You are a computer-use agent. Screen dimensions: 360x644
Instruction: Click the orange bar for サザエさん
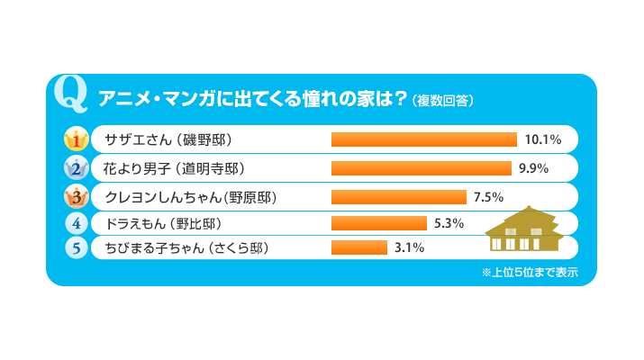click(x=423, y=139)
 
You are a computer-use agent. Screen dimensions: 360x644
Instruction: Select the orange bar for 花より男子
click(x=421, y=167)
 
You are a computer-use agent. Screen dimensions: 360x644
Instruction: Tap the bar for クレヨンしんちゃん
click(x=399, y=195)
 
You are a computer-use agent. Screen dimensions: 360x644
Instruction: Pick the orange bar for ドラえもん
click(x=378, y=222)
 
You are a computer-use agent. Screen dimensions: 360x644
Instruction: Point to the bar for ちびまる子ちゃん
click(x=358, y=247)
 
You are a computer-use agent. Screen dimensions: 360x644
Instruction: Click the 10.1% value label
click(x=543, y=139)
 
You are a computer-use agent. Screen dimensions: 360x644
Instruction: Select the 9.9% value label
click(x=534, y=167)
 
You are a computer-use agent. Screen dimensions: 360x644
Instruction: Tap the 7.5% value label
click(x=487, y=195)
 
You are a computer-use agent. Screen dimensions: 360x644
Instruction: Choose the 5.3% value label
click(x=448, y=222)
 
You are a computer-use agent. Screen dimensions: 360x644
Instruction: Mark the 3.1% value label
click(x=408, y=247)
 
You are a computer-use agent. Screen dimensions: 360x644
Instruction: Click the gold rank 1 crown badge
click(x=77, y=139)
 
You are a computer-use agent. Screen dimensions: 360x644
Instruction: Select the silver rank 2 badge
click(x=77, y=167)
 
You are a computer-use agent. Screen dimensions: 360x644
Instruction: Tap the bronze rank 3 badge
click(x=77, y=194)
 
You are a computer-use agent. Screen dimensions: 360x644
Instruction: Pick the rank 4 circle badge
click(x=77, y=222)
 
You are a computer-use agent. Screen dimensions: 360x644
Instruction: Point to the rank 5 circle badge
click(x=77, y=247)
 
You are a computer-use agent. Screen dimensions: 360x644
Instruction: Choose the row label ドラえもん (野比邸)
click(x=163, y=222)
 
